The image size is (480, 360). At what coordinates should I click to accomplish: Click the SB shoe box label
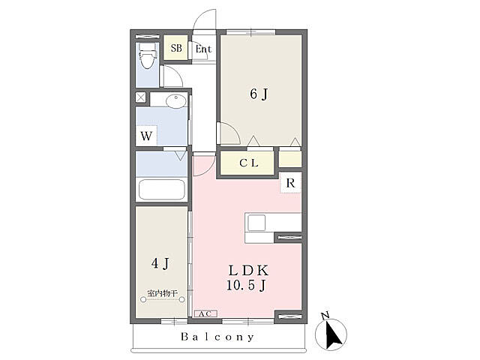click(x=176, y=48)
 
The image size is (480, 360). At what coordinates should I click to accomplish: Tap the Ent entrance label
click(x=203, y=49)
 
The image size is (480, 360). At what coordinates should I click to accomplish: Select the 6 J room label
click(x=259, y=94)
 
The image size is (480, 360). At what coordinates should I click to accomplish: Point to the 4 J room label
click(x=160, y=263)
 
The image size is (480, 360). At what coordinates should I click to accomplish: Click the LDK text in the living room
click(x=248, y=270)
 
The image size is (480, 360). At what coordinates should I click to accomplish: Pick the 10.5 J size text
click(x=246, y=285)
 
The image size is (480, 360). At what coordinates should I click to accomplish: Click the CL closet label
click(x=249, y=163)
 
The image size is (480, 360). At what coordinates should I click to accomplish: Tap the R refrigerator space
click(x=290, y=183)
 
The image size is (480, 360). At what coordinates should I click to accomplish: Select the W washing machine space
click(x=146, y=135)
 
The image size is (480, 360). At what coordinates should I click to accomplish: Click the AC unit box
click(x=205, y=313)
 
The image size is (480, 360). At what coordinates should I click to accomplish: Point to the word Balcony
click(x=217, y=337)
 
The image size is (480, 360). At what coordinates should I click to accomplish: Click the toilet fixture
click(x=147, y=55)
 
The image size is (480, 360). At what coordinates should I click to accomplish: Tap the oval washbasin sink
click(x=176, y=100)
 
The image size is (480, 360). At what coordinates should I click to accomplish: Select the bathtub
click(x=162, y=190)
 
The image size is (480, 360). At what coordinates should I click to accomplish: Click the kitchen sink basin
click(x=256, y=223)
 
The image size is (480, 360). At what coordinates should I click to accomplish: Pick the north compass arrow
click(x=333, y=334)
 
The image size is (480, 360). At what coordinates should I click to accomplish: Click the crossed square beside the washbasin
click(x=140, y=98)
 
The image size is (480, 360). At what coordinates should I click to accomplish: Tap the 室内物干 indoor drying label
click(x=162, y=293)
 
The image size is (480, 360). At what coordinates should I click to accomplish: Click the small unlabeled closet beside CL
click(x=290, y=159)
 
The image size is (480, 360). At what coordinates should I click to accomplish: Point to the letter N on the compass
click(x=325, y=315)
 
